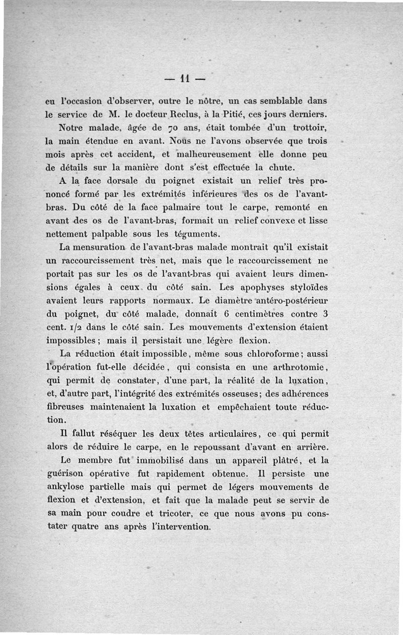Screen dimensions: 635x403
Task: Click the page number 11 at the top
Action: (x=185, y=79)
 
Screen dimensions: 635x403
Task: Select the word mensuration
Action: (x=98, y=247)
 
